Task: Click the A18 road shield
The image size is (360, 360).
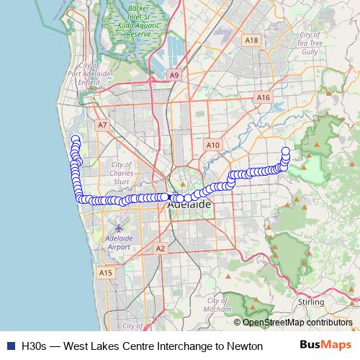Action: coord(251,41)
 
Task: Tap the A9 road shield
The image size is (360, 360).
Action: coord(174,74)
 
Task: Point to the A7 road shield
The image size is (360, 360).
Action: coord(102,125)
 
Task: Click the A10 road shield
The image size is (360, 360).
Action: coord(212,145)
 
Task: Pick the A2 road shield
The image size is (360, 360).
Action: coord(161,248)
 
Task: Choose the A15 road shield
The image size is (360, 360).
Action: coord(106,272)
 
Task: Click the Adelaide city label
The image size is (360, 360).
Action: coord(189,204)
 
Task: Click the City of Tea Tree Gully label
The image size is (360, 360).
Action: coord(310,43)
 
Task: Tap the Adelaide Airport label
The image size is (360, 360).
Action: coord(118,242)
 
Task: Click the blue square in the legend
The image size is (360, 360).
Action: coord(10,346)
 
